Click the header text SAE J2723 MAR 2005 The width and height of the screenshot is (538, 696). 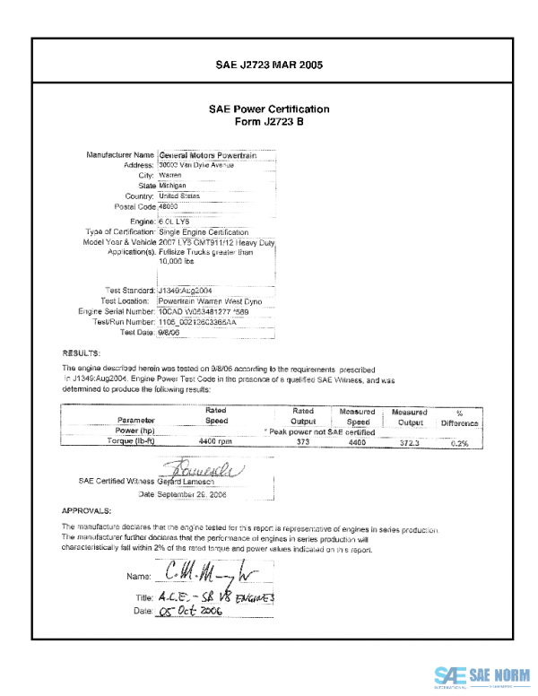click(x=269, y=65)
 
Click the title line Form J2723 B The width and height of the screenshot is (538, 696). click(x=269, y=122)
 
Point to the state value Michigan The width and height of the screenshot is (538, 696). click(x=172, y=186)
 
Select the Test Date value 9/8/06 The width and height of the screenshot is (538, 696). click(x=169, y=332)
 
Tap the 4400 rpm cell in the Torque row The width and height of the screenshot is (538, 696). click(x=215, y=442)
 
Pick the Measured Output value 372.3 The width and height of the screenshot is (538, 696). click(x=410, y=442)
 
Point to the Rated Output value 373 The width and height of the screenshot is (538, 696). click(x=302, y=442)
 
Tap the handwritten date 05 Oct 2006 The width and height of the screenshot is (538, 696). click(x=189, y=610)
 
